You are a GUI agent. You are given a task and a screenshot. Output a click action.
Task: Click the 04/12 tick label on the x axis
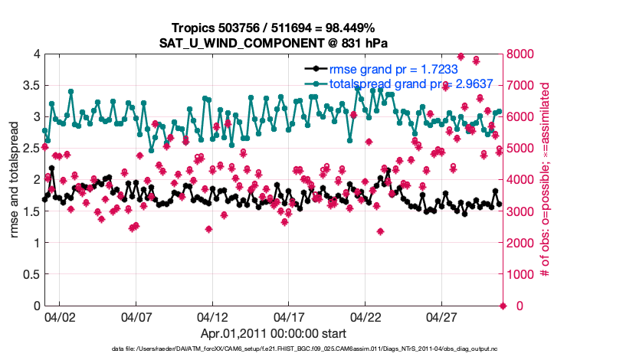tap(212, 316)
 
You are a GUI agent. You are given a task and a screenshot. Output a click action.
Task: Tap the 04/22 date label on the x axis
tap(366, 316)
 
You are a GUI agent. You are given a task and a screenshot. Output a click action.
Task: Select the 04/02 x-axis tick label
tap(59, 316)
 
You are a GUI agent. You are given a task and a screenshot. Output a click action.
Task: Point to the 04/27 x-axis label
tap(442, 316)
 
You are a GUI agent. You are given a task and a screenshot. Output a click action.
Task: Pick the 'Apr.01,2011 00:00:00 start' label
tap(274, 333)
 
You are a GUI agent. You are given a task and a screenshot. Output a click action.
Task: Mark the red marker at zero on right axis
tap(503, 306)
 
